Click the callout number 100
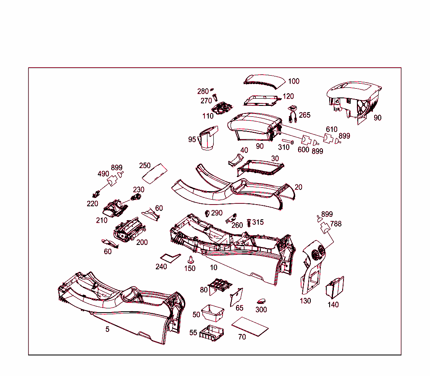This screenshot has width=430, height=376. [x=294, y=81]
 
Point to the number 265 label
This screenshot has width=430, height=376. [x=304, y=115]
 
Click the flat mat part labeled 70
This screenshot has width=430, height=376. [x=250, y=326]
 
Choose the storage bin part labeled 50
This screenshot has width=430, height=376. [x=213, y=312]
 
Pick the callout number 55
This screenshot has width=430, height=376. [x=193, y=333]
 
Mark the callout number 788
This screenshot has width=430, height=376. [x=336, y=224]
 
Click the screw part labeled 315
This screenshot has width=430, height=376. [x=249, y=222]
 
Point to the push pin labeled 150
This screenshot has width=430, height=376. [x=190, y=259]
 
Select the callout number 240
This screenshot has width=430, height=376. [x=161, y=267]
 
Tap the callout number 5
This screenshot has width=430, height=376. [x=107, y=329]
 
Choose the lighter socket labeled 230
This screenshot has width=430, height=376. [x=136, y=197]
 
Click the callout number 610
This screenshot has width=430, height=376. [x=332, y=129]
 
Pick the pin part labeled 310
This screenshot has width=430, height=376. [x=288, y=141]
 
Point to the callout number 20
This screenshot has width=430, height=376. [x=298, y=187]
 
